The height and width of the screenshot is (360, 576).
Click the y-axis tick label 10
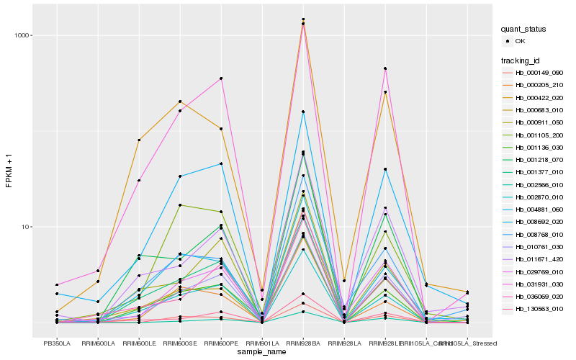(24, 227)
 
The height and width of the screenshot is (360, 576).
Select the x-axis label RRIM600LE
(139, 343)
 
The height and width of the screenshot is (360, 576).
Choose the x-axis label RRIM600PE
(221, 343)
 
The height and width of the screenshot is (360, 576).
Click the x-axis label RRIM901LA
(262, 343)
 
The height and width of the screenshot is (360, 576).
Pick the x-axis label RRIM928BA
(303, 343)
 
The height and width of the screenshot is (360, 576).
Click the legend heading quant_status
(525, 29)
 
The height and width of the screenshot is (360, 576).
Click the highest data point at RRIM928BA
(303, 19)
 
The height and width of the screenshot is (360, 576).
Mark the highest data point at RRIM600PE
(221, 78)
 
